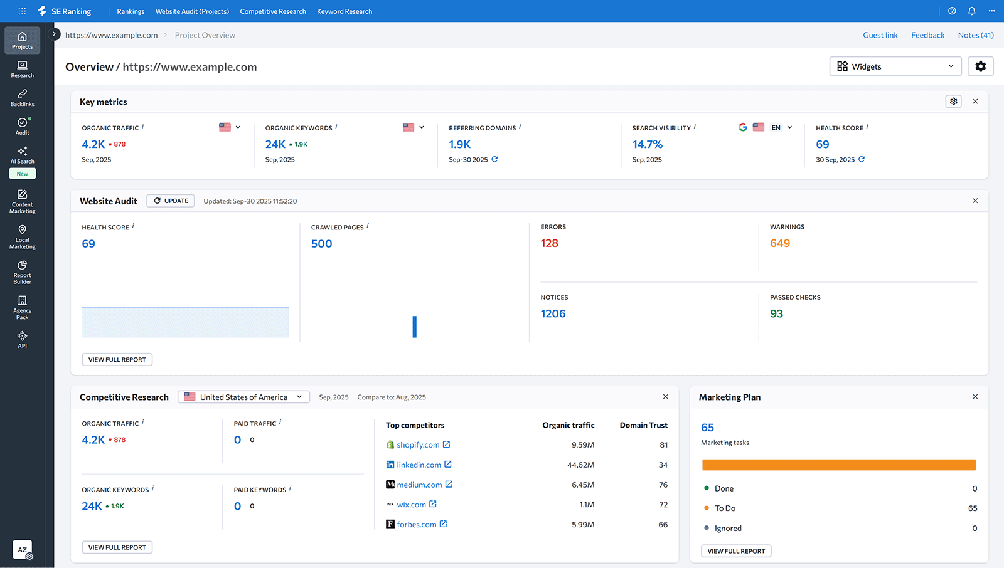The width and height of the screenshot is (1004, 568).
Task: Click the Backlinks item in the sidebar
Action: point(22,97)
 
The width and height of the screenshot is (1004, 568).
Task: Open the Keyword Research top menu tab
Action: point(344,11)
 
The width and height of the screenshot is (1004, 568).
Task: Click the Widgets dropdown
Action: point(895,66)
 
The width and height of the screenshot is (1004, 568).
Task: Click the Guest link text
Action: point(880,35)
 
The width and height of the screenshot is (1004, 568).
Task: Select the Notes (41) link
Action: point(975,35)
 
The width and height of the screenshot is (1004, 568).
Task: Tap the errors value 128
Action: point(549,243)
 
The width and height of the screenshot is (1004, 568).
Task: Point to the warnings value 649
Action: point(779,243)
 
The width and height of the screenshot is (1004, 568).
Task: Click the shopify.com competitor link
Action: point(418,445)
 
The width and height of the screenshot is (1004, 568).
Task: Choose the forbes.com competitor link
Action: point(416,525)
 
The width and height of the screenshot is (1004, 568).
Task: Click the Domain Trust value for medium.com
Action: point(663,485)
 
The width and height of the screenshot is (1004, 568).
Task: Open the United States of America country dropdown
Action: point(244,397)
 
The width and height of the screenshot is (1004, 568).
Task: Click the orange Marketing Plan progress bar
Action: point(838,465)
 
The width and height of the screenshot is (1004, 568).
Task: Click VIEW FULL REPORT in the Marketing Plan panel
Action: point(736,551)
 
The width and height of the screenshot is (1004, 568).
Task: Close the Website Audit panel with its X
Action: point(975,201)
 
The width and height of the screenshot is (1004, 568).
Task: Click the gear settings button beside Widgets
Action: point(980,66)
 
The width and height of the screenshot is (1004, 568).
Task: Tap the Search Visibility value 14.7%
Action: point(647,144)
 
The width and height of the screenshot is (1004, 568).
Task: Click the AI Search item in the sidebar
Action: point(22,155)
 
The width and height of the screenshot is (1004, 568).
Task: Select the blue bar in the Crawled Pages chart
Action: point(414,327)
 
